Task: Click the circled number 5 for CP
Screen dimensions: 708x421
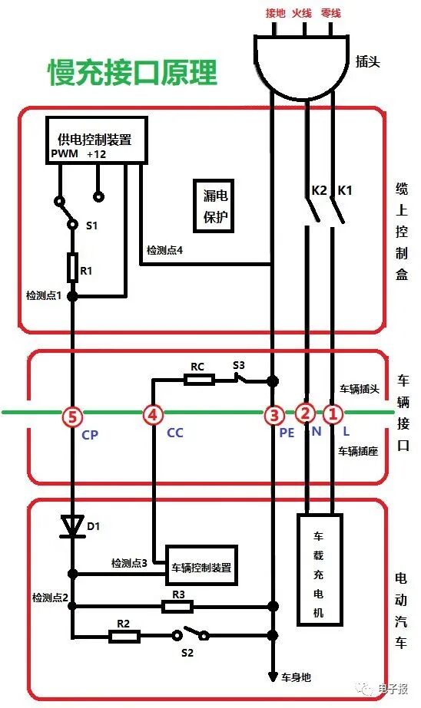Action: pos(73,416)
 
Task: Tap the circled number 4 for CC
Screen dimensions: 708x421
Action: pos(154,416)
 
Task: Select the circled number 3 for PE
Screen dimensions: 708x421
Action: pos(273,416)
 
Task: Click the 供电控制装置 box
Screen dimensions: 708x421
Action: pos(96,140)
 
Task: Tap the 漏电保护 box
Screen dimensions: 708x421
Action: pos(215,206)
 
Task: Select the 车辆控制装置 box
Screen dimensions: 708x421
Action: pos(201,568)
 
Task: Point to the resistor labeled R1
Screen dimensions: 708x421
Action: pos(73,266)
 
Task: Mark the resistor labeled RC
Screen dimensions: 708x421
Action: pos(197,380)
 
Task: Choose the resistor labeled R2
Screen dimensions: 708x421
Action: pos(123,635)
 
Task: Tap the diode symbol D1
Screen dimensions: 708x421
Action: pos(73,525)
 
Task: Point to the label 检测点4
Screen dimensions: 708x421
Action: pos(165,251)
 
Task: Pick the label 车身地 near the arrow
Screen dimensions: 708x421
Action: pos(296,678)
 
